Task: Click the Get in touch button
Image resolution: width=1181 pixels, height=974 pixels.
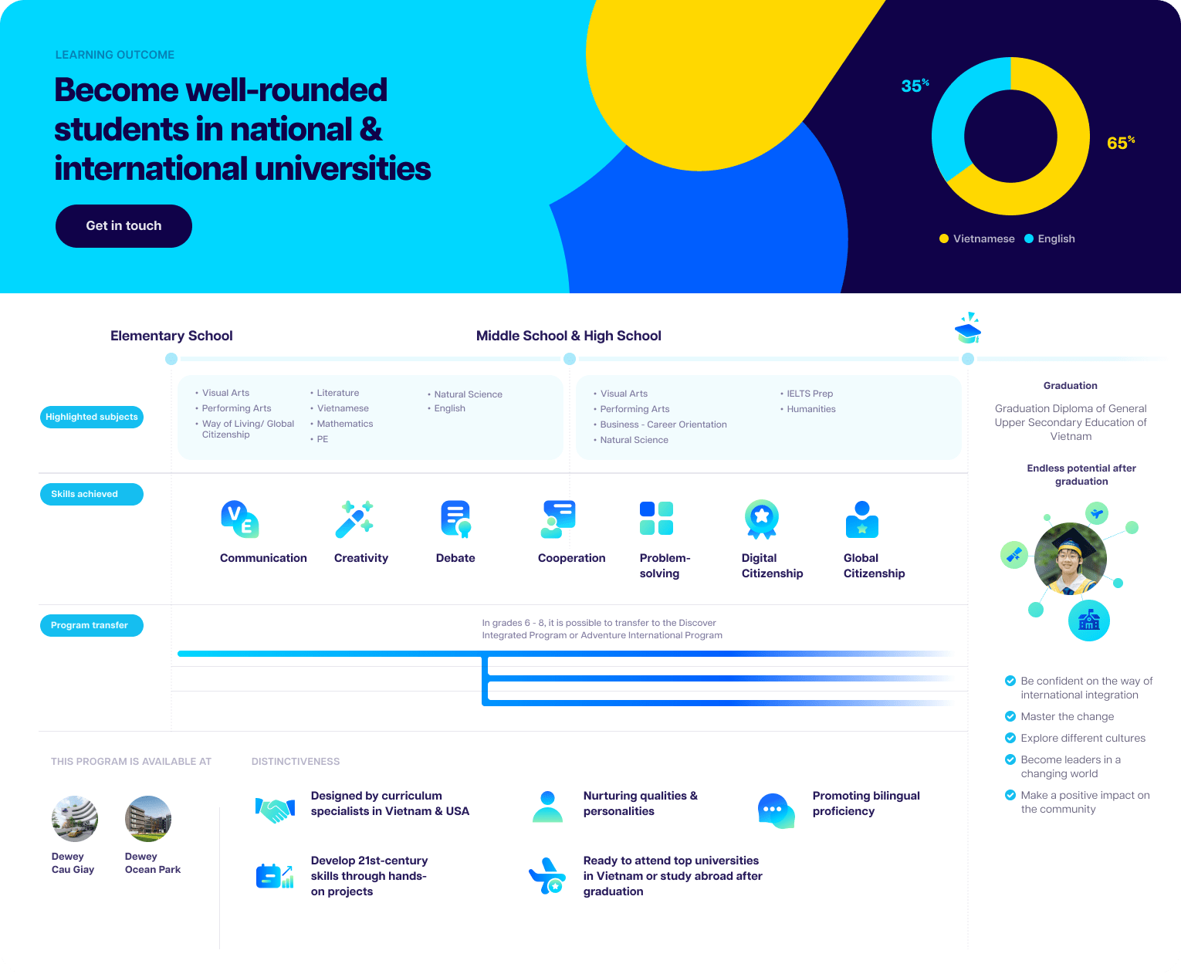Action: (x=124, y=225)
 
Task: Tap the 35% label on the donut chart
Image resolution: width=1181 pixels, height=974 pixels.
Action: (x=915, y=86)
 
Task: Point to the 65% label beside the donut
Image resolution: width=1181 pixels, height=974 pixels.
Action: (x=1121, y=143)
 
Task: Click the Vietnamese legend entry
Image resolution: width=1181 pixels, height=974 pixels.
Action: (x=976, y=238)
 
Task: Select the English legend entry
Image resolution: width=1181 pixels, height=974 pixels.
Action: (x=1049, y=238)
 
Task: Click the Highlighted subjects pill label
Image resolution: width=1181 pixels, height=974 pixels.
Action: (x=92, y=417)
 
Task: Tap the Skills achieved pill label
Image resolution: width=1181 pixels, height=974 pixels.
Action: (x=92, y=494)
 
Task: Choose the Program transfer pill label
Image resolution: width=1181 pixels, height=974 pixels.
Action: (x=92, y=625)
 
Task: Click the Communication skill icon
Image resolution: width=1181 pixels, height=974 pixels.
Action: (x=240, y=519)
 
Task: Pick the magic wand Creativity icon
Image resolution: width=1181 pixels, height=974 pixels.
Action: (x=354, y=519)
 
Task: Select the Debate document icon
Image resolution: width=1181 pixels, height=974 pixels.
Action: (x=456, y=519)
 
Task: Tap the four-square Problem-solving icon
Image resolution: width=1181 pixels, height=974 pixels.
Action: (x=656, y=518)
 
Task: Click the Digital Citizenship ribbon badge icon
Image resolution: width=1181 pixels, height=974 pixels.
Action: (x=761, y=519)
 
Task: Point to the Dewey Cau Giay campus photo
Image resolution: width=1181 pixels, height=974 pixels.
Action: (x=75, y=818)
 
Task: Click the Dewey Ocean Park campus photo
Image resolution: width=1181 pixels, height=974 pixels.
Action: (x=148, y=818)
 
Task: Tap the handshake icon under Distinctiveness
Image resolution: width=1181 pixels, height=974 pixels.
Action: (x=276, y=810)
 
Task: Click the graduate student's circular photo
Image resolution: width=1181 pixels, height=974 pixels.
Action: (x=1070, y=558)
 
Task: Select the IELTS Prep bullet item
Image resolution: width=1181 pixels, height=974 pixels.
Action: (x=807, y=393)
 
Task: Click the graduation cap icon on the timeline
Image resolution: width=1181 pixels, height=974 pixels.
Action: (x=968, y=328)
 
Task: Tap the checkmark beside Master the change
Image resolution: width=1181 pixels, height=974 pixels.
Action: (x=1010, y=716)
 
